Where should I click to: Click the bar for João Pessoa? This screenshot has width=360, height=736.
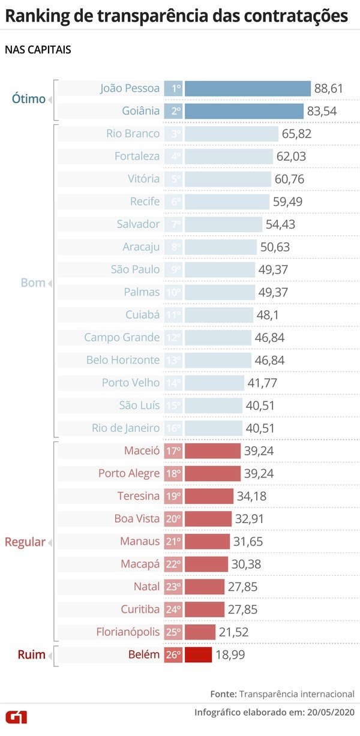coord(248,88)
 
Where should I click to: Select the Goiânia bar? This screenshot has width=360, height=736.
coord(244,111)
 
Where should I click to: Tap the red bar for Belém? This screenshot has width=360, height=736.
coord(198,654)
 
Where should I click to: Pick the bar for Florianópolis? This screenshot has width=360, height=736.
coord(200,632)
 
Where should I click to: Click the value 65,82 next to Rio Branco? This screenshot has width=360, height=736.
coord(296,134)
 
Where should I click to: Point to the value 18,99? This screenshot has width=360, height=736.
coord(230,654)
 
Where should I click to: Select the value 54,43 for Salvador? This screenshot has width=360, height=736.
coord(280,224)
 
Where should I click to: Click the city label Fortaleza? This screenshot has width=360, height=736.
coord(137,156)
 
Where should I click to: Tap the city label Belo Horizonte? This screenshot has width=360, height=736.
coord(123,360)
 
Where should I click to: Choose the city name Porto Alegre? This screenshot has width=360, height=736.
coord(129,473)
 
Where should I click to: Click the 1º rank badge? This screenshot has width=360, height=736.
coord(173,88)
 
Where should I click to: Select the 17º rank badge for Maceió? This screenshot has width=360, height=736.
coord(173,450)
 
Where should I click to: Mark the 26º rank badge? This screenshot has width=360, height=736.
coord(173,654)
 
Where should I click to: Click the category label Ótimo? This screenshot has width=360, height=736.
coord(29,98)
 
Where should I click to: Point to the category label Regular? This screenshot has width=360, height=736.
coord(25,542)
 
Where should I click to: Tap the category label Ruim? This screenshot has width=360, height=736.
coord(32,654)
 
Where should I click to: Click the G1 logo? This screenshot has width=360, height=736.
coord(16,717)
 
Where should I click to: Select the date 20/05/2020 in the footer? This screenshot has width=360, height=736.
coord(331,713)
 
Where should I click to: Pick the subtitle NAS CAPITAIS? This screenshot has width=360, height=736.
coord(38,50)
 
